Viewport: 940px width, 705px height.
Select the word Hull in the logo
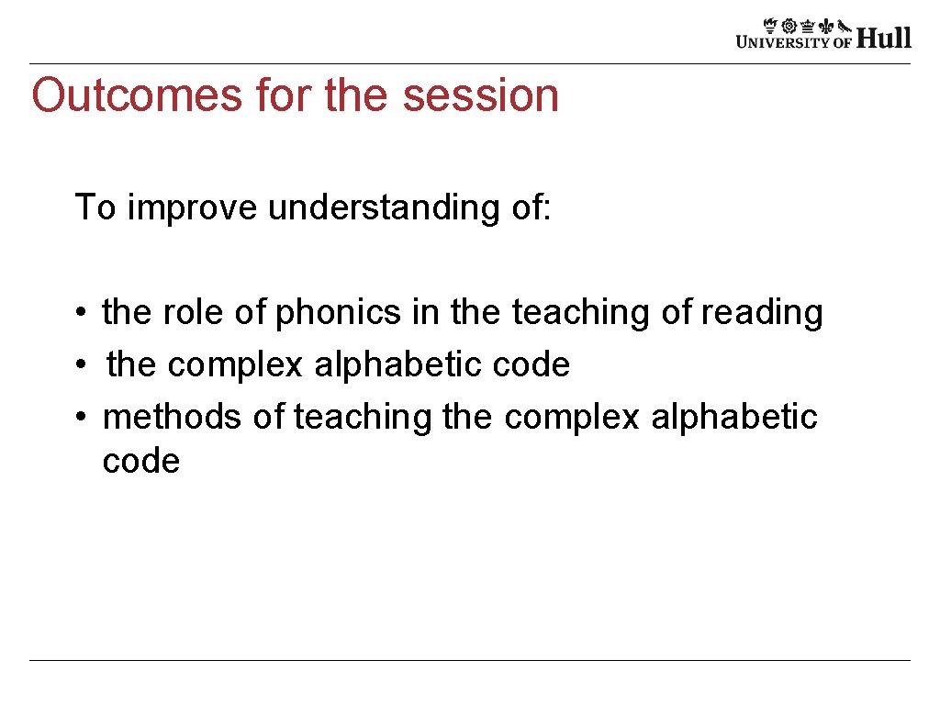884,38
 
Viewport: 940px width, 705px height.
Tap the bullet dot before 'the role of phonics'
82,314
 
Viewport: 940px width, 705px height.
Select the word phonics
339,313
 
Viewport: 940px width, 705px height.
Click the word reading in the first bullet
762,313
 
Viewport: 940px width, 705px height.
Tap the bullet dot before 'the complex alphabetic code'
82,366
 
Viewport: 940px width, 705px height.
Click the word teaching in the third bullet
363,418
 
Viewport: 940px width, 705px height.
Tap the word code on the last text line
141,461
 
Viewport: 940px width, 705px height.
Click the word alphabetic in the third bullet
734,418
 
